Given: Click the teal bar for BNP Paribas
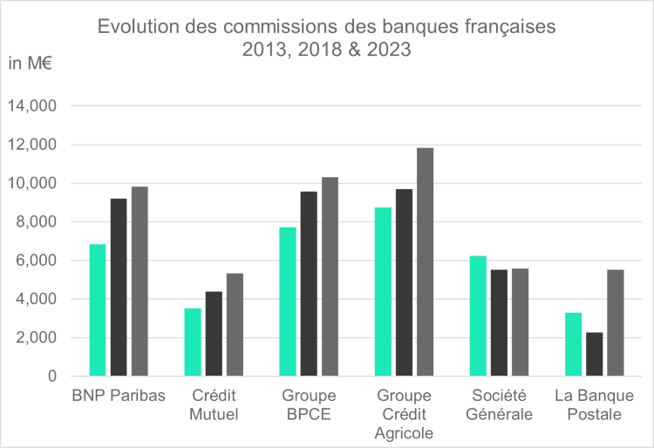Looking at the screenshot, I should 97,310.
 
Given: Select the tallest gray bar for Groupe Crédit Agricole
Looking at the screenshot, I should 425,262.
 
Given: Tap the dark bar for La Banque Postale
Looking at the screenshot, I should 594,354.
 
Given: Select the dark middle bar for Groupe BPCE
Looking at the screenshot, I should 309,283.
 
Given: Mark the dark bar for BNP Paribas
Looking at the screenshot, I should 119,288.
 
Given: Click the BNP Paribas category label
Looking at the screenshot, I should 118,396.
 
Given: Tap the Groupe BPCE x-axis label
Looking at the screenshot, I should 309,404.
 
